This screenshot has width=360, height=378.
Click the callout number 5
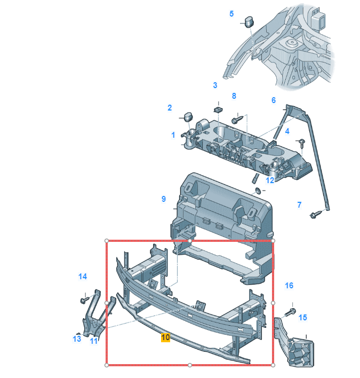(231, 14)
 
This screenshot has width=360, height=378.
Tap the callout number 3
(215, 85)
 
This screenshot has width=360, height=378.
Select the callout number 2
(170, 108)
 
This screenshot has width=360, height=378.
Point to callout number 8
(234, 96)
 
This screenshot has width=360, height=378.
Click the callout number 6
(274, 100)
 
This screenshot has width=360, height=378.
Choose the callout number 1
(173, 135)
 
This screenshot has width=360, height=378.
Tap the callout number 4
(287, 131)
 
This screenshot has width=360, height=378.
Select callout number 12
(270, 180)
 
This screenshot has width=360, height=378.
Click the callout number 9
(164, 199)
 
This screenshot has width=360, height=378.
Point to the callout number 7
(299, 204)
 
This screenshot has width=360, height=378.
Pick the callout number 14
(82, 277)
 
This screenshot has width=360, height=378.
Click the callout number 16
(289, 286)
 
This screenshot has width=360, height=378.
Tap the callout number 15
(302, 318)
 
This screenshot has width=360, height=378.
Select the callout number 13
(77, 338)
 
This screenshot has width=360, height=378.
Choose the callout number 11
(94, 341)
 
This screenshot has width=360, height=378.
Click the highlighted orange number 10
(165, 337)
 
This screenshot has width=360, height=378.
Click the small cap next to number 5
(248, 21)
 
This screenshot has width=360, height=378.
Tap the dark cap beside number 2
(188, 116)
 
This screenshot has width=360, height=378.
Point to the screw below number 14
(84, 299)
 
